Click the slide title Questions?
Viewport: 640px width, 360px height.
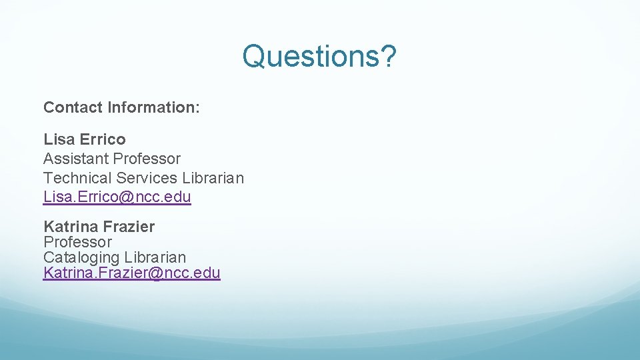tap(319, 56)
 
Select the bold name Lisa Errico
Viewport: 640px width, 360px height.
tap(84, 139)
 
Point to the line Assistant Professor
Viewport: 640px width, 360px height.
tap(112, 159)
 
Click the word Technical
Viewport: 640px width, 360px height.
tap(77, 178)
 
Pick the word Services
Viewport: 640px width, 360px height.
tap(147, 178)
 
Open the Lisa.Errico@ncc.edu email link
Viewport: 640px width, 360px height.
tap(117, 197)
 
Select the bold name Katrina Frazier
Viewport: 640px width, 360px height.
tap(99, 227)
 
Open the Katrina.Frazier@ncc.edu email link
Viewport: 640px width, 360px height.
tap(131, 273)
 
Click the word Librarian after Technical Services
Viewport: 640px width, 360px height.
tap(213, 178)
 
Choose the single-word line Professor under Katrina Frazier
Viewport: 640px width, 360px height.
tap(77, 242)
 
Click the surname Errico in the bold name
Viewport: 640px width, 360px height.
tap(103, 139)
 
